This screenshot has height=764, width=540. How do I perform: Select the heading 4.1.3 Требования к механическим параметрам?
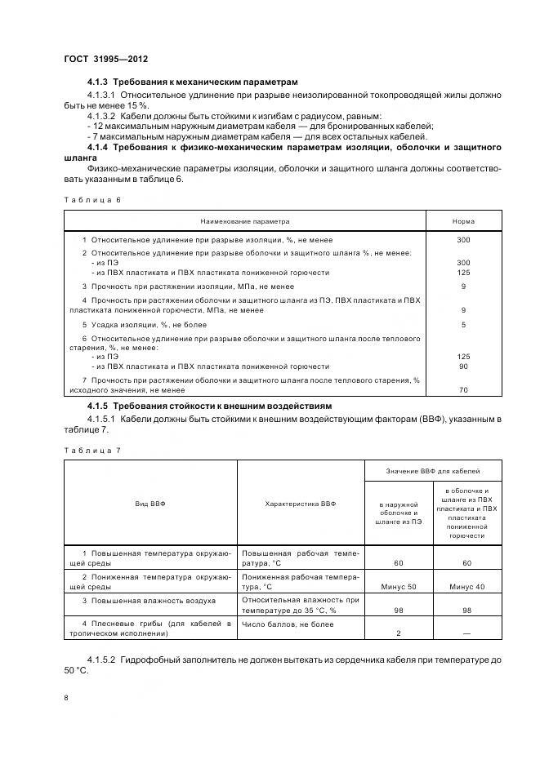[193, 82]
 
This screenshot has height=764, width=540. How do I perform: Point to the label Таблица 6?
[91, 198]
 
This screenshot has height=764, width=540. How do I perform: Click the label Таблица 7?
[91, 450]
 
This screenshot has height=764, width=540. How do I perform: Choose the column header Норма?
[463, 221]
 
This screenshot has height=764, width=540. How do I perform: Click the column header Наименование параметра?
[245, 221]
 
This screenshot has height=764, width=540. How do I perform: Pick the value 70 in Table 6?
[463, 390]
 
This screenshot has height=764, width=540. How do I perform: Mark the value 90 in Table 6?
[463, 366]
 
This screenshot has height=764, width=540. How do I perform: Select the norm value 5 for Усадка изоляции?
[463, 324]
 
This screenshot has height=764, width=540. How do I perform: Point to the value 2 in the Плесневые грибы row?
[398, 633]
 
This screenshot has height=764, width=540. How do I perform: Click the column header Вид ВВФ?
[150, 504]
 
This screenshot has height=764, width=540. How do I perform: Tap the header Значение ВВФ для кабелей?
[432, 471]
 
